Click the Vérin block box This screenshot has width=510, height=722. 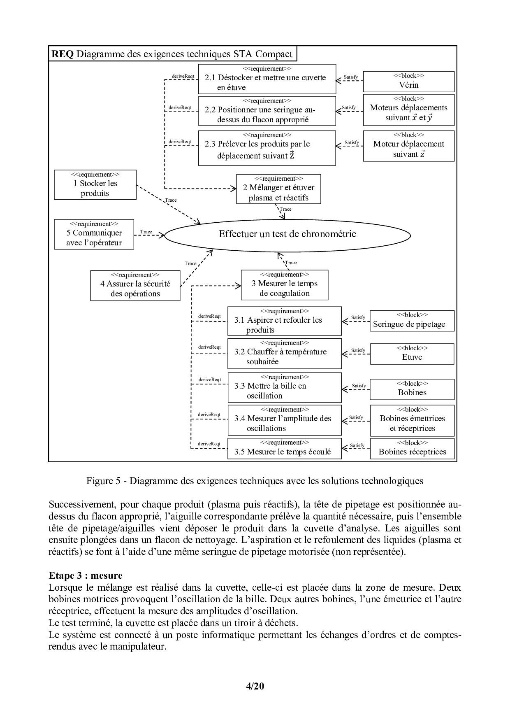(408, 82)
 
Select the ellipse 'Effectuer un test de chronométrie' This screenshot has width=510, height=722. (287, 235)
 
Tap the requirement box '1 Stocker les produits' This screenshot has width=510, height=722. (95, 185)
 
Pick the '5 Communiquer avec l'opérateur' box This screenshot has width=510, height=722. (94, 234)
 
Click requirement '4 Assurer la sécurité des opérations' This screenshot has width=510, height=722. (135, 285)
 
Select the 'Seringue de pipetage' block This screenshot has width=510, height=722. (412, 321)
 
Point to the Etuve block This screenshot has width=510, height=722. (412, 354)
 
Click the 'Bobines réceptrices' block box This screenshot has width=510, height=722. (412, 448)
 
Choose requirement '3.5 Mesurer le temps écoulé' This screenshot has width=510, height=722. (285, 448)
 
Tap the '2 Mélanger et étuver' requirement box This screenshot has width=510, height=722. (278, 189)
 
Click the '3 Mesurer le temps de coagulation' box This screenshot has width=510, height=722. (285, 285)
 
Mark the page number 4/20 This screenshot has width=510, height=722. (255, 686)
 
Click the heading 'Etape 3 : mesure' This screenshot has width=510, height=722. (85, 575)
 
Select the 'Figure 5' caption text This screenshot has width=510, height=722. (255, 481)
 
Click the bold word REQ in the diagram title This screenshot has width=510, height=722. (63, 54)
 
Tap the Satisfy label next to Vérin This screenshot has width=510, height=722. (350, 77)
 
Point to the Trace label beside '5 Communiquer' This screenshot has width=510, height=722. (146, 232)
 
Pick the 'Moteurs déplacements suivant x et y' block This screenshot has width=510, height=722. (408, 110)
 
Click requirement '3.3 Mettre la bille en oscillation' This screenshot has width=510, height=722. (285, 388)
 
